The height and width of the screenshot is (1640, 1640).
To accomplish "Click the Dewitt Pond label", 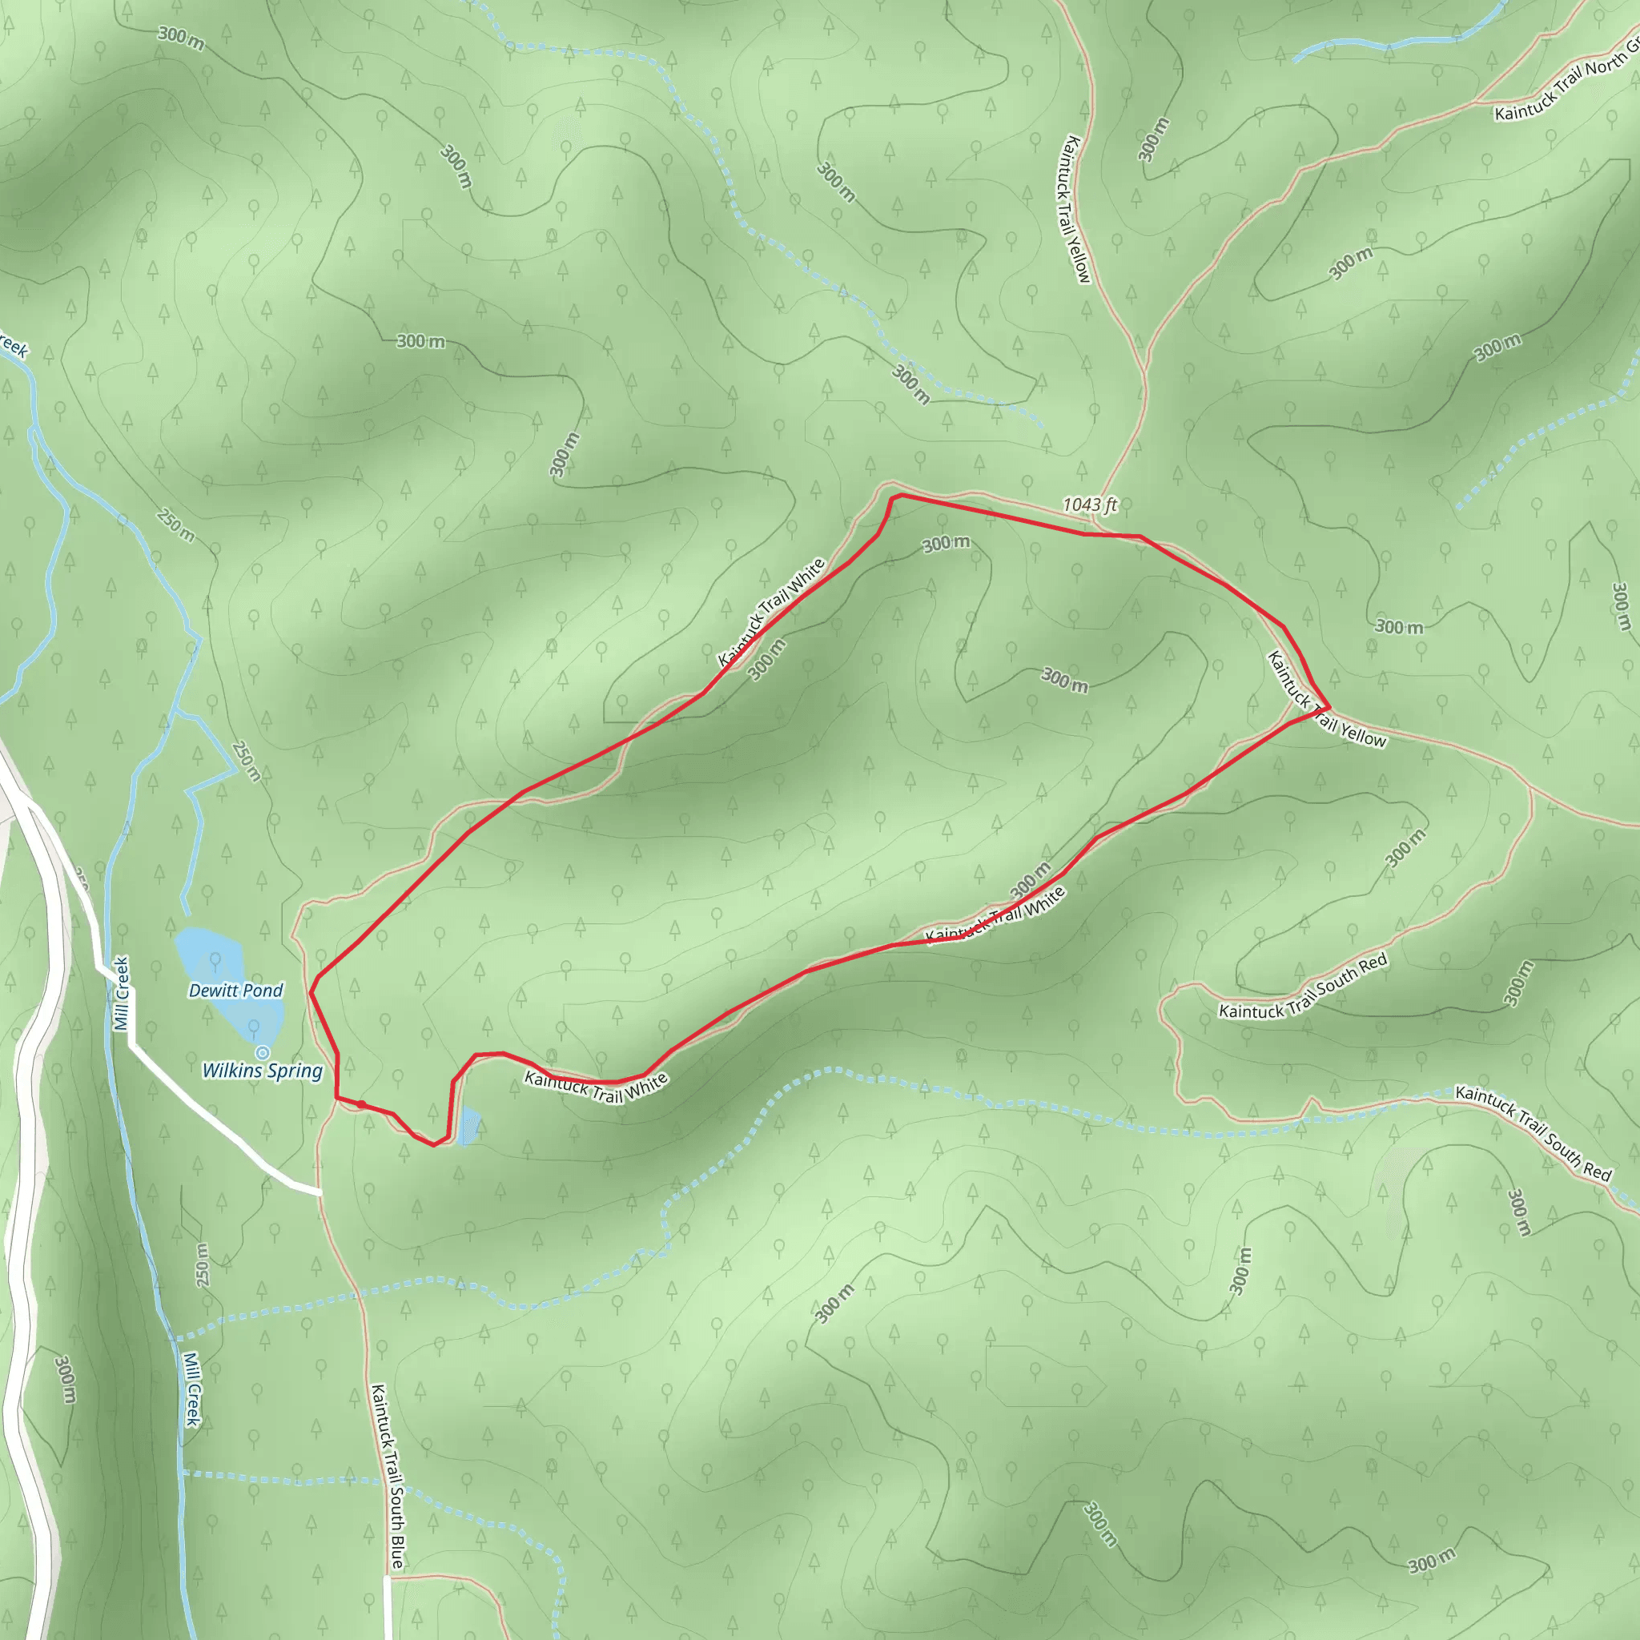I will (x=235, y=991).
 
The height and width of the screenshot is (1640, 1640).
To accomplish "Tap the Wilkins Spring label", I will (x=263, y=1071).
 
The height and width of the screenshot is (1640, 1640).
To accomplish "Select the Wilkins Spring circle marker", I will (x=263, y=1052).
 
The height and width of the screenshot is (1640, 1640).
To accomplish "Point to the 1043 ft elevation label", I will (x=1090, y=505).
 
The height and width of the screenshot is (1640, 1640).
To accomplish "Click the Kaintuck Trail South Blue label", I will (x=387, y=1476).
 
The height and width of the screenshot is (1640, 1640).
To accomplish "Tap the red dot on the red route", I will (x=362, y=1104).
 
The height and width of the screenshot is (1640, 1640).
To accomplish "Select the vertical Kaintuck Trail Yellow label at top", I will (x=1074, y=209).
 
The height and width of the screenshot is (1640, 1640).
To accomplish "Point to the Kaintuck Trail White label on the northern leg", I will (x=771, y=611).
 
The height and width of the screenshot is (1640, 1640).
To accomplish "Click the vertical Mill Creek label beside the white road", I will (x=123, y=993).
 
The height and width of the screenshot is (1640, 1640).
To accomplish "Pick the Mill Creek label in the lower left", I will (x=193, y=1389).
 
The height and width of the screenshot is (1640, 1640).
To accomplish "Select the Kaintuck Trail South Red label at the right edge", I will (x=1533, y=1132).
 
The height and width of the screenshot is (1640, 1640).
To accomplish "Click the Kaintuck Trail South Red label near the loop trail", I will (x=1303, y=987).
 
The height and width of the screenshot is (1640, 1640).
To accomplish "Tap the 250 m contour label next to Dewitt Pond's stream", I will (x=246, y=761).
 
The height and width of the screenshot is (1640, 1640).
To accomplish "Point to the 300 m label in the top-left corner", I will (x=181, y=38).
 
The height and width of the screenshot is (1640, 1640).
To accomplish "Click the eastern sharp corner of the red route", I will (x=1328, y=707).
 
